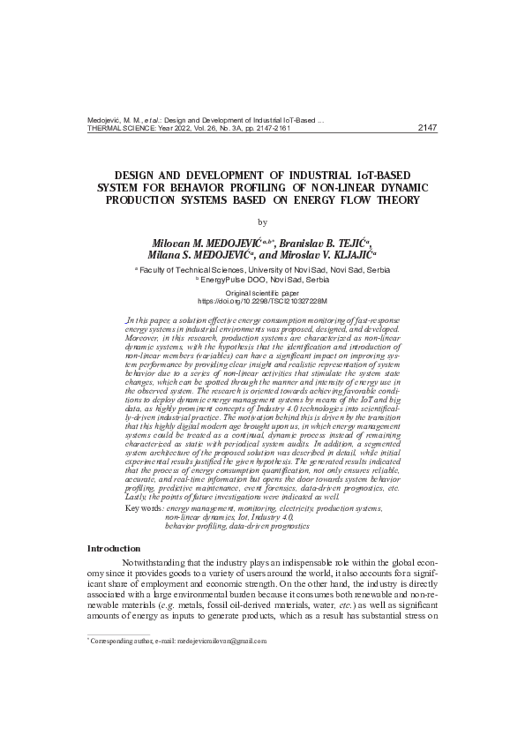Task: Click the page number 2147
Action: point(427,127)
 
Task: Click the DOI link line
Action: point(262,301)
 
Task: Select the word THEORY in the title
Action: point(396,199)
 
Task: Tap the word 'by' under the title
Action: point(262,221)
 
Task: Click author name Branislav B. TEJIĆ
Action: point(323,243)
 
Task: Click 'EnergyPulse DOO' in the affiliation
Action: point(231,279)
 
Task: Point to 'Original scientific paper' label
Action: point(262,292)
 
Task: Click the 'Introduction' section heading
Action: point(114,549)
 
